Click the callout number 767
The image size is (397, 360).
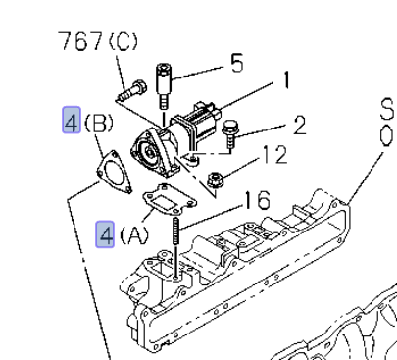[80, 41]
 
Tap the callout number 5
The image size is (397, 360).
[237, 63]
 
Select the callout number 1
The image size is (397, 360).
[286, 80]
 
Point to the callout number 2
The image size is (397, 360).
[300, 126]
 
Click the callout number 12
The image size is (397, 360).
[274, 154]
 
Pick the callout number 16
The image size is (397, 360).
[258, 200]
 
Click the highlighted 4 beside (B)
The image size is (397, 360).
[72, 120]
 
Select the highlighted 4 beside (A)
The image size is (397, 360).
[105, 234]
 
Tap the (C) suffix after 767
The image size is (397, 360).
[123, 41]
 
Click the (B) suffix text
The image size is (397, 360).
[99, 124]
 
